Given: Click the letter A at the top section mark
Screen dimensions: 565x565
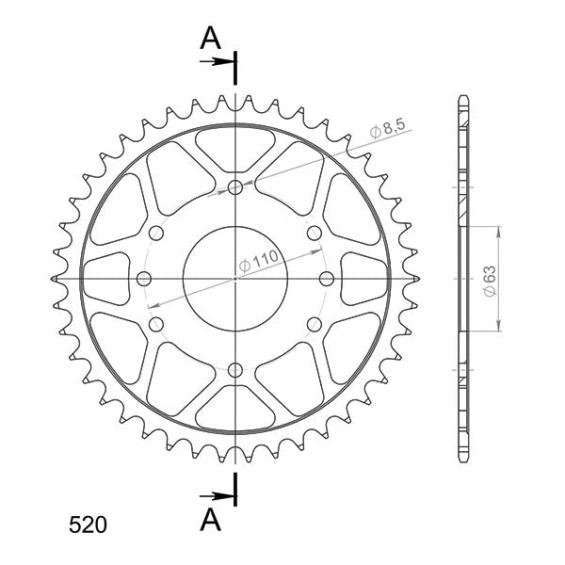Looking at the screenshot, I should click(211, 38).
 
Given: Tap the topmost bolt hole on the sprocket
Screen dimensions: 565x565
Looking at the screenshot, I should click(234, 187).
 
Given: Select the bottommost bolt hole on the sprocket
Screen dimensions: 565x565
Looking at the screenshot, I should click(234, 369).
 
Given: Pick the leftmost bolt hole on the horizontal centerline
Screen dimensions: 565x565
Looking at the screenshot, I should click(144, 278).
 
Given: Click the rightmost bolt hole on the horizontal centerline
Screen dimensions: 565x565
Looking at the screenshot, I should click(326, 278).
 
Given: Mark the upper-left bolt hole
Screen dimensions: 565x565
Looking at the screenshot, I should click(156, 233).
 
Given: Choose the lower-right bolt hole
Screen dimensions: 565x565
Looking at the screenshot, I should click(313, 324).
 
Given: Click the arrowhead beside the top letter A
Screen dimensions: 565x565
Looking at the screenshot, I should click(227, 62).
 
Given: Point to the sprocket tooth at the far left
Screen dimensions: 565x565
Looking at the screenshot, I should click(53, 279).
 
